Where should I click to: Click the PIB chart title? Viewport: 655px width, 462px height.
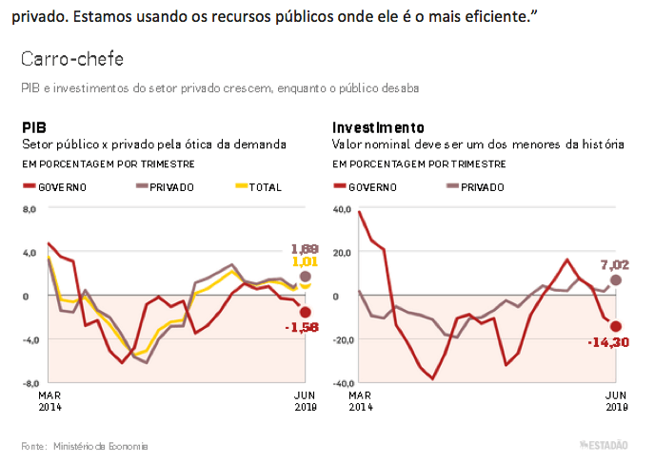(34, 127)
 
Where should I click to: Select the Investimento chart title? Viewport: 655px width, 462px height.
(378, 127)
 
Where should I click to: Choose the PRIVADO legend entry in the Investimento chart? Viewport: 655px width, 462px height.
(475, 187)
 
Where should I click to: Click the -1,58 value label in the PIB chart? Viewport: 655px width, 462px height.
(303, 328)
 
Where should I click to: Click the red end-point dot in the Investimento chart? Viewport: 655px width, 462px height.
(615, 326)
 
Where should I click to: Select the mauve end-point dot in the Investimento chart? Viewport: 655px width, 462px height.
(616, 279)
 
